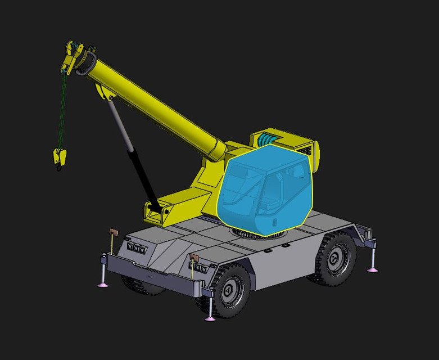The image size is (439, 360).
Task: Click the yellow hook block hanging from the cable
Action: pyautogui.click(x=58, y=155)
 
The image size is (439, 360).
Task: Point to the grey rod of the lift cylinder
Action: pyautogui.click(x=121, y=123)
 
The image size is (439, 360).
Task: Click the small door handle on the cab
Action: pyautogui.click(x=275, y=220)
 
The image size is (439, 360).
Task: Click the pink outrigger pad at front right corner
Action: pyautogui.click(x=210, y=318)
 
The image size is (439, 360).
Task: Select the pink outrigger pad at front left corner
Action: pyautogui.click(x=103, y=285)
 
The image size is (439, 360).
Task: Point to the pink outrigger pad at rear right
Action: pyautogui.click(x=372, y=270)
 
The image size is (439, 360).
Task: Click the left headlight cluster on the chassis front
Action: pyautogui.click(x=137, y=248)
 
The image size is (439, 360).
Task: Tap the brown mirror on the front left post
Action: pyautogui.click(x=112, y=232)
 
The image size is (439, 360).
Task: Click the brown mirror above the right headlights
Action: pyautogui.click(x=195, y=258)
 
